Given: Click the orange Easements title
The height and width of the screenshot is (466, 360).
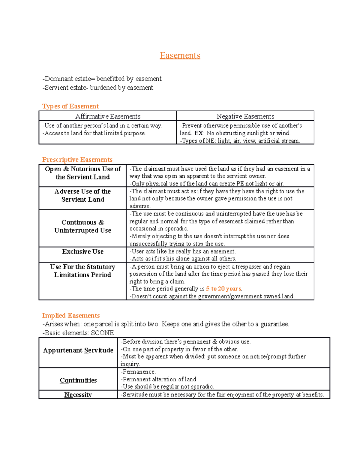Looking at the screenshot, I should pyautogui.click(x=180, y=56).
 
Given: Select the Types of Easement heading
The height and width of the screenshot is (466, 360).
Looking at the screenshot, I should pyautogui.click(x=70, y=106).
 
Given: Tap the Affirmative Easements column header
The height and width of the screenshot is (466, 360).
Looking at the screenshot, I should pyautogui.click(x=108, y=116).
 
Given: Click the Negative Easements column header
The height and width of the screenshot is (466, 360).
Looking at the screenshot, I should pyautogui.click(x=245, y=116).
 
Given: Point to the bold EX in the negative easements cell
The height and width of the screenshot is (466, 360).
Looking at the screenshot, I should pyautogui.click(x=199, y=133).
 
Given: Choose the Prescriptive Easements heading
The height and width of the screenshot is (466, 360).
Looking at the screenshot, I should pyautogui.click(x=77, y=160).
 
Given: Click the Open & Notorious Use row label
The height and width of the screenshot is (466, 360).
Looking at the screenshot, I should pyautogui.click(x=83, y=173).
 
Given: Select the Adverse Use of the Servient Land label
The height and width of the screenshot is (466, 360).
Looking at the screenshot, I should pyautogui.click(x=83, y=195).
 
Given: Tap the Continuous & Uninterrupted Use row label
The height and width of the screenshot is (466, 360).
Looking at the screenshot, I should pyautogui.click(x=83, y=226).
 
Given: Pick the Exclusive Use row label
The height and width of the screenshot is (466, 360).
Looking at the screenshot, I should pyautogui.click(x=83, y=251).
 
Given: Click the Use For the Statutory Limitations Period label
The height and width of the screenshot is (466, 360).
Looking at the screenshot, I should pyautogui.click(x=82, y=271).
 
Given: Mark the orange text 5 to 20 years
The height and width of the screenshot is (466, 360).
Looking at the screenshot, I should pyautogui.click(x=223, y=289).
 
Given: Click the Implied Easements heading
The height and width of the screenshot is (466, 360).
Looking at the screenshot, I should pyautogui.click(x=71, y=315).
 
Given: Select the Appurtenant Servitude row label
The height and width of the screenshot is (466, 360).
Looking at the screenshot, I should pyautogui.click(x=78, y=350).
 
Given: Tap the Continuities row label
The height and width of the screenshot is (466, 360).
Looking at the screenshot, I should pyautogui.click(x=78, y=380).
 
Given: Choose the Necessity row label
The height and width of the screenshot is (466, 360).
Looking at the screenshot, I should pyautogui.click(x=78, y=395).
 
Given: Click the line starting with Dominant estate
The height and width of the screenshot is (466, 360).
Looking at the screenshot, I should pyautogui.click(x=102, y=79).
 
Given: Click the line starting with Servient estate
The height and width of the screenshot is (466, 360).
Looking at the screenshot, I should pyautogui.click(x=98, y=88).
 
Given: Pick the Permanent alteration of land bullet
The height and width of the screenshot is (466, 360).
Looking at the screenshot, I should pyautogui.click(x=158, y=379).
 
